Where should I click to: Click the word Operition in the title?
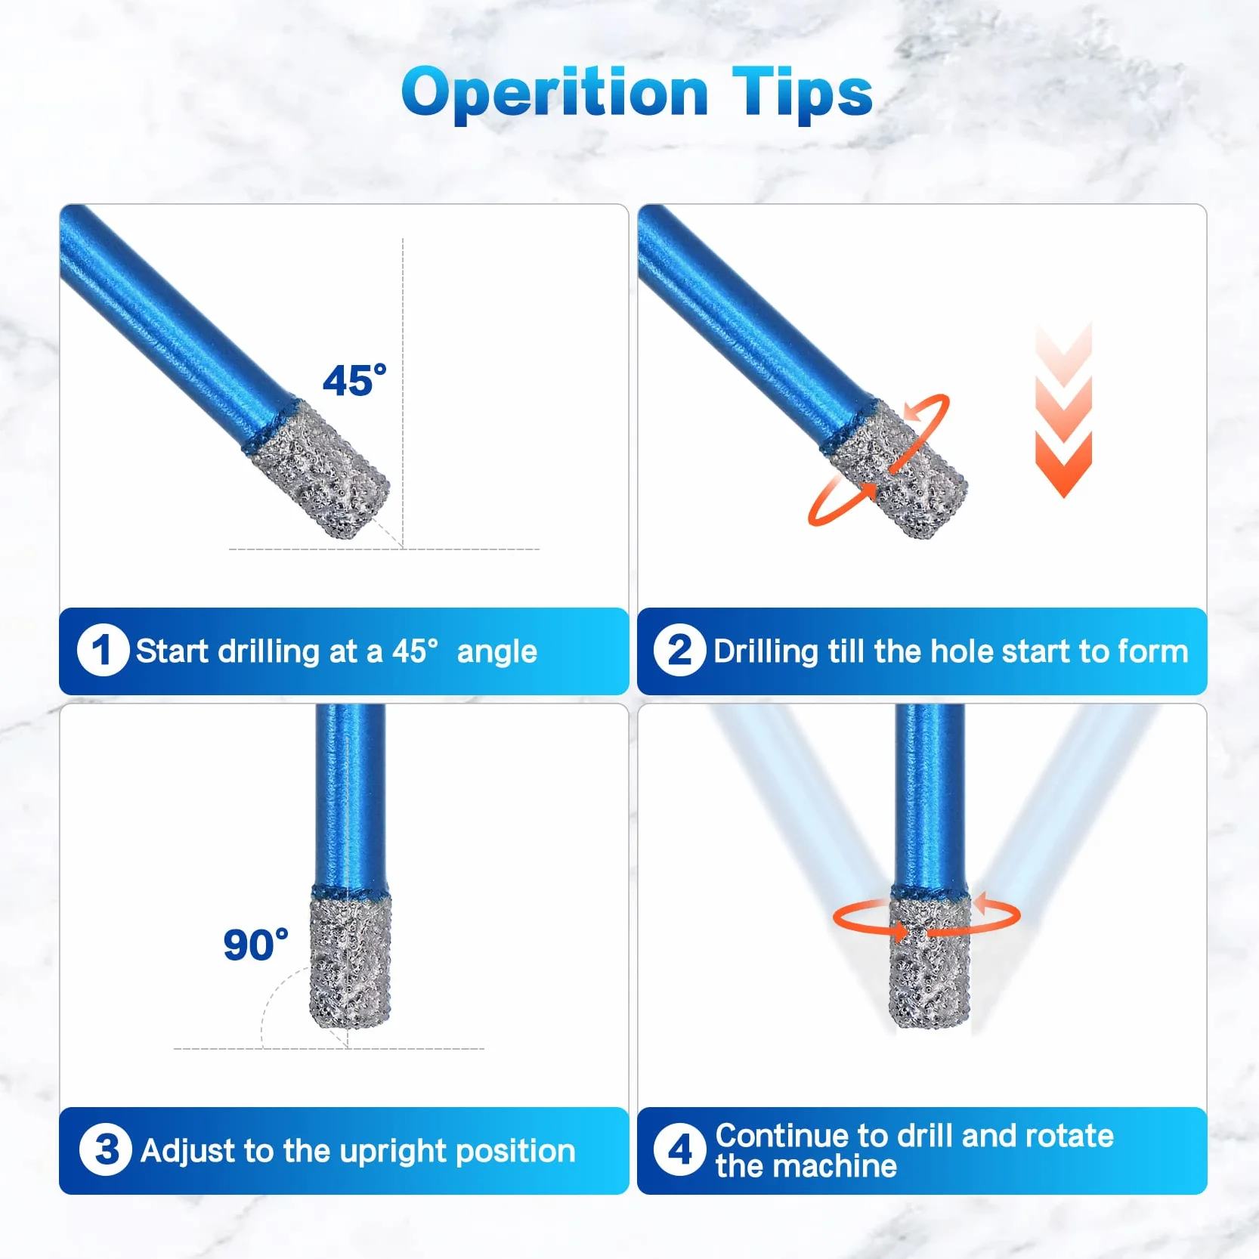point(555,93)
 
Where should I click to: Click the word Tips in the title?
point(803,93)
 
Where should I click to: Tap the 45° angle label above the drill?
point(354,380)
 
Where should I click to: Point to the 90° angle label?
point(255,945)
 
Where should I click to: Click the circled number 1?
point(103,651)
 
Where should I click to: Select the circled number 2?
point(679,651)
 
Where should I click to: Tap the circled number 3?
point(105,1149)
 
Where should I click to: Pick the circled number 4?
point(679,1149)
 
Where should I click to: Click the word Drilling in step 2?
point(766,652)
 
